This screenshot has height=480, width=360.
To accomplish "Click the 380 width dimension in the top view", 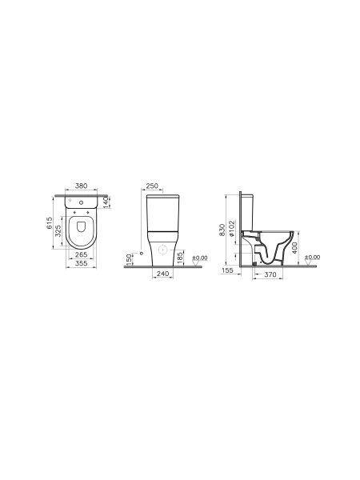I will (81, 186).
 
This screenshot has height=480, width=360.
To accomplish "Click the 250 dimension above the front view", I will (152, 186).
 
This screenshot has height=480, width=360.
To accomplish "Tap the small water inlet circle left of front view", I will (141, 253).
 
